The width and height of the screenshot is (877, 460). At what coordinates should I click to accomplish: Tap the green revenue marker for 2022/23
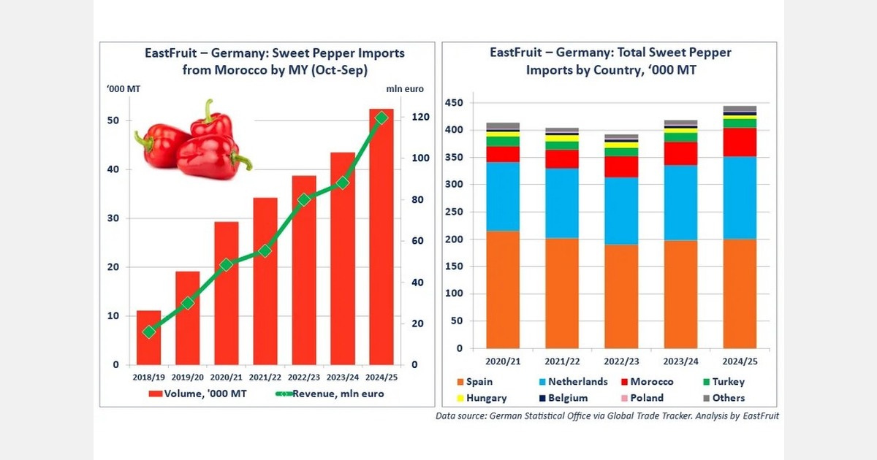(x=303, y=199)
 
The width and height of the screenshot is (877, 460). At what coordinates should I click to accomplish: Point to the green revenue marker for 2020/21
(x=226, y=265)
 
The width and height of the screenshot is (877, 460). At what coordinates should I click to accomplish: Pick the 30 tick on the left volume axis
(x=115, y=218)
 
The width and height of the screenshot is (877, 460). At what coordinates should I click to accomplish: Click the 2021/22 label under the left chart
(x=265, y=377)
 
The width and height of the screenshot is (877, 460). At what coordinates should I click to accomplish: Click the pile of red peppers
(x=191, y=141)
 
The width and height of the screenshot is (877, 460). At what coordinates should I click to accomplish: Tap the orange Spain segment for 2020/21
(x=503, y=289)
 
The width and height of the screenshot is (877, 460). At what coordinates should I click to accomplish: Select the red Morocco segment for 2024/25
(x=739, y=142)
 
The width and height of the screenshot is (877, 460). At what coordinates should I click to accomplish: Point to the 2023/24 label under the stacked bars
(x=680, y=360)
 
